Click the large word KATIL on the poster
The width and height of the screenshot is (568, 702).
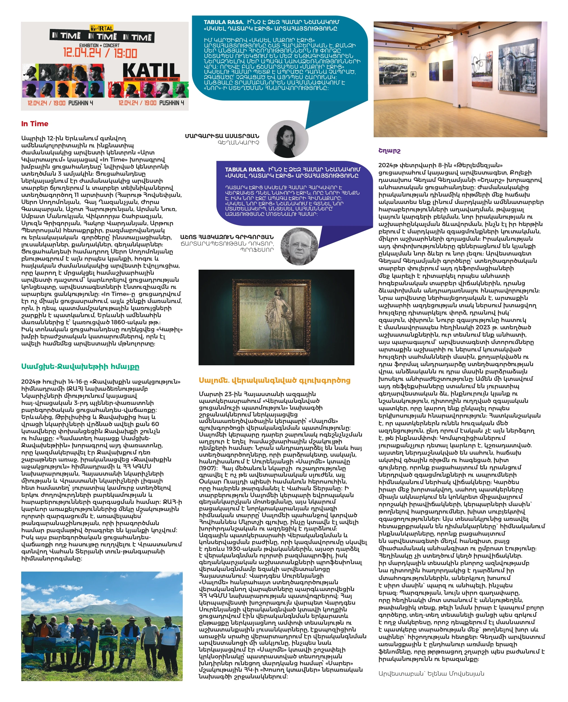point(151,71)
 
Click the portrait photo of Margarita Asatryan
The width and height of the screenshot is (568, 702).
point(288,139)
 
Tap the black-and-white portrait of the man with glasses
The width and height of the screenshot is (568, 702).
point(299,246)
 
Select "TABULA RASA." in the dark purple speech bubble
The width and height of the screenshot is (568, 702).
point(245,169)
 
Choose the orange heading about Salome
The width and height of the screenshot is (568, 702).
point(274,380)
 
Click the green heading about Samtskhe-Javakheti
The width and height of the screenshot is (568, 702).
point(80,366)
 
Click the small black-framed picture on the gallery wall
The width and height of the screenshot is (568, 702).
point(413,75)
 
